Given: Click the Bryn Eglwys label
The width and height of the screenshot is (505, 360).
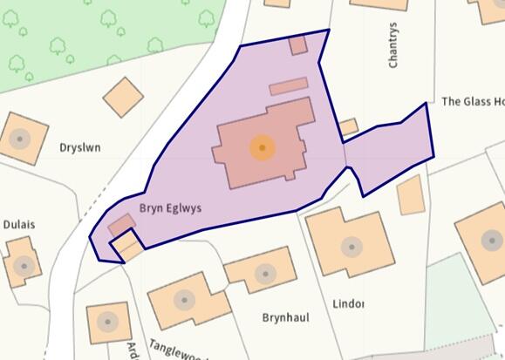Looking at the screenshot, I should tap(172, 208).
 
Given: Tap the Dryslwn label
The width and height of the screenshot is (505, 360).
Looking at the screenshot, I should tap(80, 147).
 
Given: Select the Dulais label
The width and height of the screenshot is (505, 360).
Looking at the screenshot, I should tap(19, 224).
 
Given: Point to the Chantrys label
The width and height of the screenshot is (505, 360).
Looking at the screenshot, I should tap(393, 45).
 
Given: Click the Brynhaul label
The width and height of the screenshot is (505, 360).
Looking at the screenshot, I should tap(285, 318).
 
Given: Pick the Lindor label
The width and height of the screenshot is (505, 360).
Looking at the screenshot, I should tap(348, 303).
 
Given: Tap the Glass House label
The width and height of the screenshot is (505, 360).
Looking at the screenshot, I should tap(472, 101).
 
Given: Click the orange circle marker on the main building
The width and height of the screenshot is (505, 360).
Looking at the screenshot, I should tap(262, 147).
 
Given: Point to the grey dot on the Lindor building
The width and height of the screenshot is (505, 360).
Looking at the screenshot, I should tap(351, 247).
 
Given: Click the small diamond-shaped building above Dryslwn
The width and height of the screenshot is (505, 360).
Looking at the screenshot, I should tap(123, 96).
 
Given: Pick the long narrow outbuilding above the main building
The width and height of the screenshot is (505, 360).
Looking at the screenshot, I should tap(288, 86).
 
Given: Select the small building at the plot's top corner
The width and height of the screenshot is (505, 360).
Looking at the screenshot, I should tap(298, 45).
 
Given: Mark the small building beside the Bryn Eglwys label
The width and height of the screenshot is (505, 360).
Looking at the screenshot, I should tap(120, 224).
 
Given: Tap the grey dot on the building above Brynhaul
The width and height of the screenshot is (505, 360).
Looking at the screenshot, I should tap(262, 270).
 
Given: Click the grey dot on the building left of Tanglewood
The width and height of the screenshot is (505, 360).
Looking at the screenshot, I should tap(107, 322).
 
